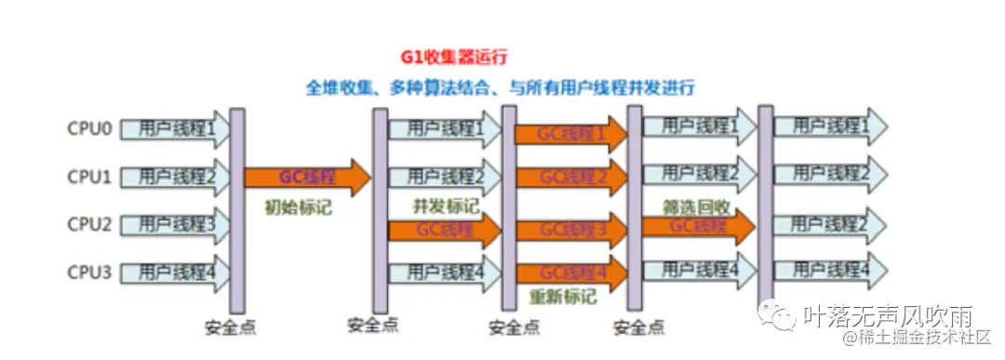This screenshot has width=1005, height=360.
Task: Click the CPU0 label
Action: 89,128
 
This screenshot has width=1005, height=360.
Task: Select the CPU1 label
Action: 89,176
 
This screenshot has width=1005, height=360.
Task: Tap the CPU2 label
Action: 89,224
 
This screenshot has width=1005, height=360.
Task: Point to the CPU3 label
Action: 89,273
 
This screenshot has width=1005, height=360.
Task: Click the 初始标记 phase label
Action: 299,208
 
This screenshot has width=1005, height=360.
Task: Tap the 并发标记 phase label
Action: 446,206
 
